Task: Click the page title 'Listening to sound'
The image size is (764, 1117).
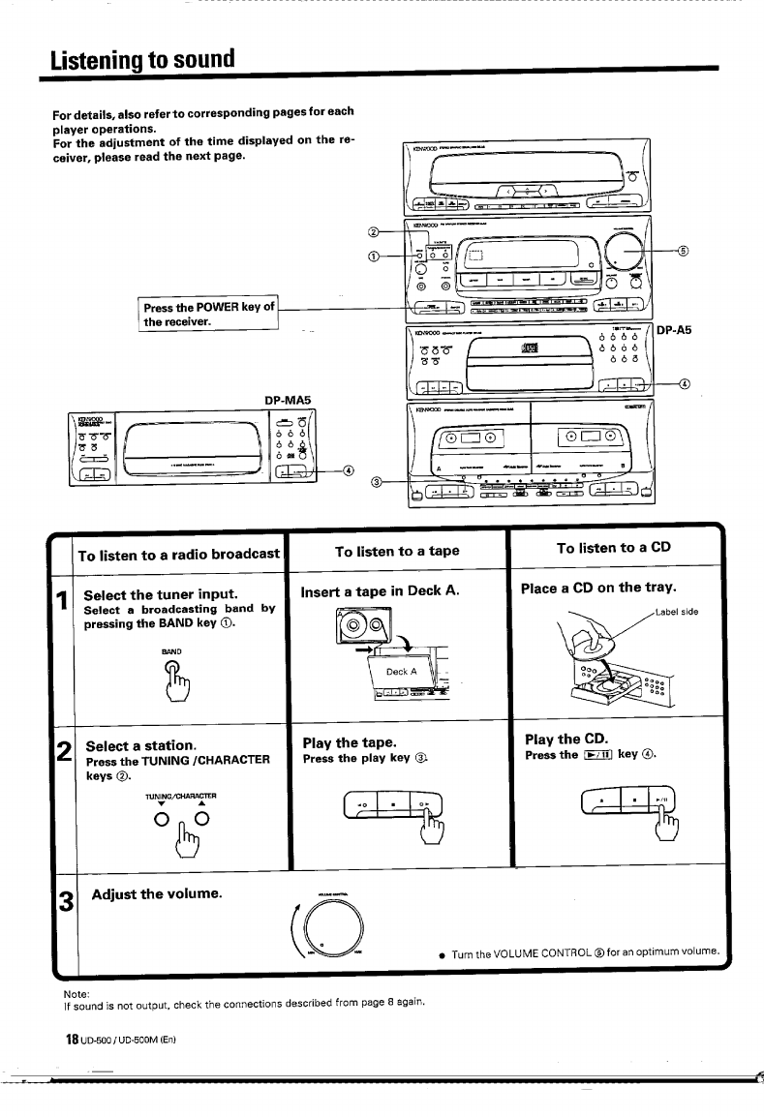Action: click(143, 58)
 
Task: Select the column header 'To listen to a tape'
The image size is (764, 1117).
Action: click(396, 551)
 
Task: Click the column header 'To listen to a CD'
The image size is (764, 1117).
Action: click(613, 547)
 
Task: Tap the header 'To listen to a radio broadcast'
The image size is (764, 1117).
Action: click(178, 555)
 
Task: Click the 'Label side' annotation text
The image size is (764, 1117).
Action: click(677, 612)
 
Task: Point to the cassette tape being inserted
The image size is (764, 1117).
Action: click(359, 626)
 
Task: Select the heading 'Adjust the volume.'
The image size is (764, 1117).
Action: click(157, 892)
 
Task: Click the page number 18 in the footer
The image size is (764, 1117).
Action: click(71, 1040)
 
